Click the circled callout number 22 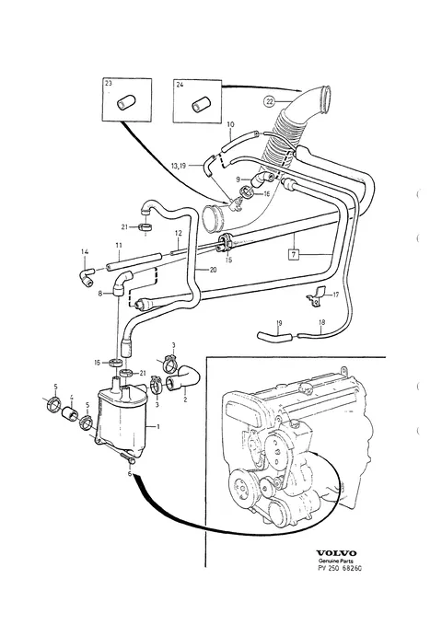[x=270, y=101]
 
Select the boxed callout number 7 [x=294, y=254]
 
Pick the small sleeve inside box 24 [x=199, y=104]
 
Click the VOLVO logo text [x=336, y=553]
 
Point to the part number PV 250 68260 [x=339, y=569]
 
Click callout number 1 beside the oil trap [x=158, y=427]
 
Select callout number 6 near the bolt [x=130, y=473]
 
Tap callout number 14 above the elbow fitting [x=85, y=252]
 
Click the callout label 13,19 [x=179, y=165]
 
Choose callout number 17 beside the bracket [x=335, y=295]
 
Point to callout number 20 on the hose [x=213, y=270]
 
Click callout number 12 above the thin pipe [x=178, y=233]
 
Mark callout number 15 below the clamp [x=227, y=260]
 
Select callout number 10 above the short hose [x=230, y=124]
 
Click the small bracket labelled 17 [x=316, y=297]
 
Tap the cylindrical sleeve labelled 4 [x=70, y=413]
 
